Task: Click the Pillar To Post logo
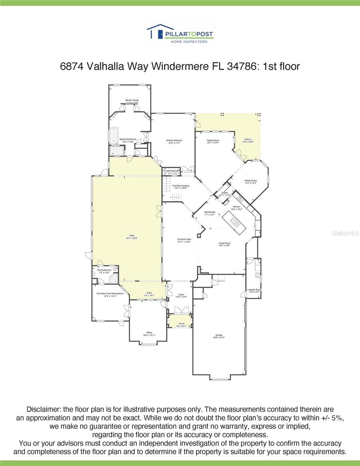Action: click(180, 34)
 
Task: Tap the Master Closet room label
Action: click(132, 101)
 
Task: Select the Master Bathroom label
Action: click(128, 140)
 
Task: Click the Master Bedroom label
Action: click(174, 141)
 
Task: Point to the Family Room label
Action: click(213, 141)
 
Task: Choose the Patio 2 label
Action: click(249, 140)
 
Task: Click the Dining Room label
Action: click(250, 181)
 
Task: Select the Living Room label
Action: click(224, 244)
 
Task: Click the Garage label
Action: click(219, 336)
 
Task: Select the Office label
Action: click(149, 334)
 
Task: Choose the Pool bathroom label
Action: click(104, 271)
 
